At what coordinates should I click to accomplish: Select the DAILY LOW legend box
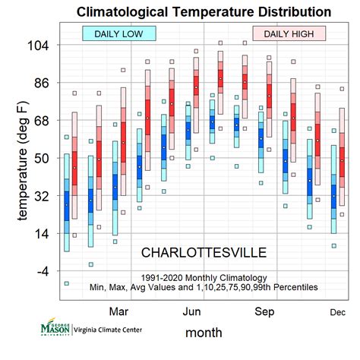119,33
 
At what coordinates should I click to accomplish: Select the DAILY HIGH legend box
289,33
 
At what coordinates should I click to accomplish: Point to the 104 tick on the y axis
38,46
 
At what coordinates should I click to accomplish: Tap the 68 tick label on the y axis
40,121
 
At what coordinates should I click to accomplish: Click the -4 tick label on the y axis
42,271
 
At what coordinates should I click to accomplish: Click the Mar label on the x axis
119,311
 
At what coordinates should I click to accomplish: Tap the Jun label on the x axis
192,311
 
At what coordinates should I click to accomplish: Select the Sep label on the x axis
264,311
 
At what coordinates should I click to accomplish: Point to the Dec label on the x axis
337,312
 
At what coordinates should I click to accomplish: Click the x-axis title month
204,333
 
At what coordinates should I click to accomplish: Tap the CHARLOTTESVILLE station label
204,251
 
